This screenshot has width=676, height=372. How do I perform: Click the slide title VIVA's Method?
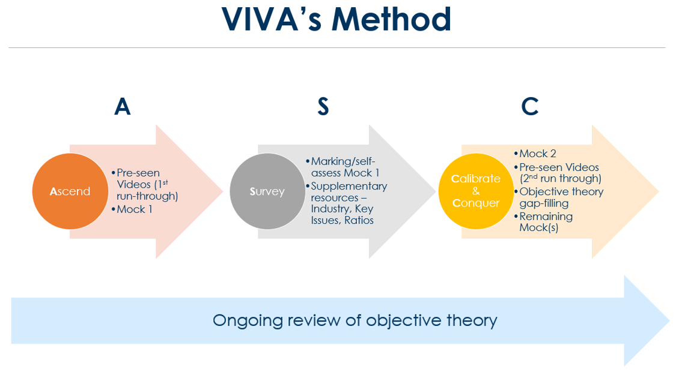pos(336,19)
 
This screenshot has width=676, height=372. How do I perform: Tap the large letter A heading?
pos(122,106)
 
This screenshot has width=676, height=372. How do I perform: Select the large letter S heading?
pos(323,106)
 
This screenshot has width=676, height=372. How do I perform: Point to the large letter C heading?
pos(529,106)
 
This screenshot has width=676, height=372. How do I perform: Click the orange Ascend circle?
pos(70,191)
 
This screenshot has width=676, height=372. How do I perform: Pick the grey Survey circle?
pos(267,191)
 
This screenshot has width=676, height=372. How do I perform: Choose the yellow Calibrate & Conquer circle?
pos(476,191)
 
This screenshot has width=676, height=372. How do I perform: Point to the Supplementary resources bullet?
pos(349,203)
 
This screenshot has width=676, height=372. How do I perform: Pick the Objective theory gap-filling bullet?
pos(561,197)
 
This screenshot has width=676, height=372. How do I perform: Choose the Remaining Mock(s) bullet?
pos(545,222)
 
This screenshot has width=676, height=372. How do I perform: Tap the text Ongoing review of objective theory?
pos(355,320)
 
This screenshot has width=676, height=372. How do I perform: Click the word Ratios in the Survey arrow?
pos(359,220)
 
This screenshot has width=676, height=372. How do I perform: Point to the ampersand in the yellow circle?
pos(476,191)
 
